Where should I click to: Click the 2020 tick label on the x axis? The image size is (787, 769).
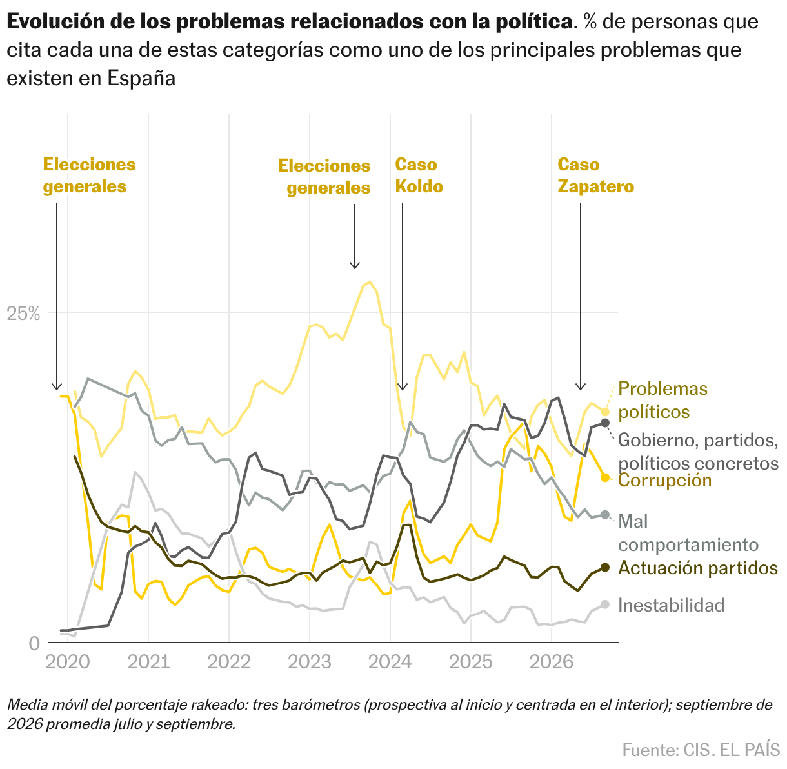pyautogui.click(x=68, y=662)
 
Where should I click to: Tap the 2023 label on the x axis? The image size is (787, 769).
pyautogui.click(x=310, y=662)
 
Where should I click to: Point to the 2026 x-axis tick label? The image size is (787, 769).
pyautogui.click(x=552, y=662)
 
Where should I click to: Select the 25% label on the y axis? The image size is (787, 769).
pyautogui.click(x=23, y=314)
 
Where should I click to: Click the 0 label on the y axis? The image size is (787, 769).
pyautogui.click(x=35, y=643)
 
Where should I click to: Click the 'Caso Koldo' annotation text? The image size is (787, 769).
pyautogui.click(x=419, y=175)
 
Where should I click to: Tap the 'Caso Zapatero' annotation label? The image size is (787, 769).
pyautogui.click(x=595, y=175)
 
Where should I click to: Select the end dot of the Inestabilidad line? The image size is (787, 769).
pyautogui.click(x=604, y=604)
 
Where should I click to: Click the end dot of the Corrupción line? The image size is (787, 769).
pyautogui.click(x=604, y=477)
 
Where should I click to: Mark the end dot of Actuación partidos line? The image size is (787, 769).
pyautogui.click(x=604, y=568)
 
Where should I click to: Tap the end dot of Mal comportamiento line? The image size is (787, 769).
pyautogui.click(x=604, y=515)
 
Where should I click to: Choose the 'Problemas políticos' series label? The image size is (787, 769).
pyautogui.click(x=663, y=401)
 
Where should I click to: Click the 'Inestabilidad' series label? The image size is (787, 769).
pyautogui.click(x=672, y=605)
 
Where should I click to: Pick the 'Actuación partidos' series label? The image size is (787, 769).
pyautogui.click(x=698, y=568)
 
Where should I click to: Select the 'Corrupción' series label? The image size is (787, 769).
pyautogui.click(x=665, y=480)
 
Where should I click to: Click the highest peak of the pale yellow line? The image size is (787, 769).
pyautogui.click(x=370, y=281)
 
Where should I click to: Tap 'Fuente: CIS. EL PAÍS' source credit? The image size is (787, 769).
pyautogui.click(x=701, y=750)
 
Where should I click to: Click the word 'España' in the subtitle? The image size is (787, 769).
pyautogui.click(x=141, y=78)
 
